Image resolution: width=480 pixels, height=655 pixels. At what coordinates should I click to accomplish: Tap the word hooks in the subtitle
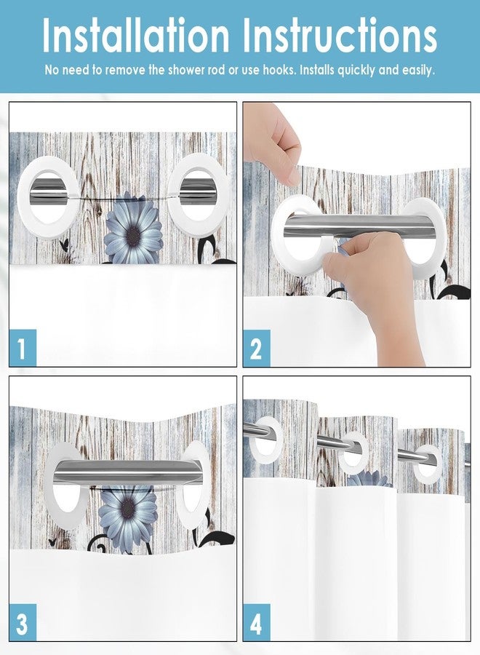[271, 71]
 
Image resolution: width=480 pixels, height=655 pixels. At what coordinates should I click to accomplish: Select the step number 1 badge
[23, 348]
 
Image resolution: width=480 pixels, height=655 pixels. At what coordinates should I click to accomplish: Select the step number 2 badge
[256, 348]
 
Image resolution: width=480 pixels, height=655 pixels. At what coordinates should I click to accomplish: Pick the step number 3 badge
[23, 622]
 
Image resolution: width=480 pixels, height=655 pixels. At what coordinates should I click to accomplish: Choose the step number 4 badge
[256, 622]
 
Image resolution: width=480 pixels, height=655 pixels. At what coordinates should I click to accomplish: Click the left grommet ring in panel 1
[49, 193]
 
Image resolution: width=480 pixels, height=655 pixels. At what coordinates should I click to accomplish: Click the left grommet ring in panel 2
[296, 231]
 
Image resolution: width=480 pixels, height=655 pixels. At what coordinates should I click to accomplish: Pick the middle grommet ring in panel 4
[353, 453]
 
